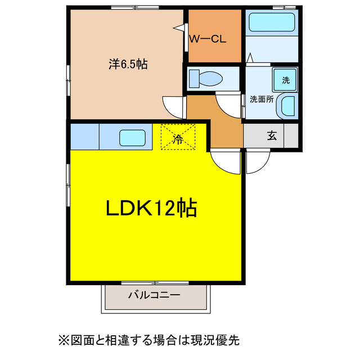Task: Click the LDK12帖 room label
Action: (151, 209)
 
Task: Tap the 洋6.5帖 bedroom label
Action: (128, 64)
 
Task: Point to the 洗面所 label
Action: (261, 99)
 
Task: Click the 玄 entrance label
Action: (272, 136)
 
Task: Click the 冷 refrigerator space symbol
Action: (178, 138)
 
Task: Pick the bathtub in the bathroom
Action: (271, 23)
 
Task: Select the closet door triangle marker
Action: (179, 26)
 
